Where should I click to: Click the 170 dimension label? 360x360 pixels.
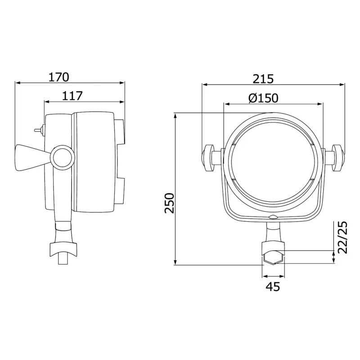coord(59,77)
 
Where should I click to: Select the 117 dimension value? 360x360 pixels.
coord(72,96)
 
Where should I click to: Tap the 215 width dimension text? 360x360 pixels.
coord(263,79)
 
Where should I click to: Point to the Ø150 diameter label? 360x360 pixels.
coord(263,98)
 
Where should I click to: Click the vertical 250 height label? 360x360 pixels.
coord(170,203)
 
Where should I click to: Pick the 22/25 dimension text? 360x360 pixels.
coord(343,237)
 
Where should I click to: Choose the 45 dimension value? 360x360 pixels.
coord(273,287)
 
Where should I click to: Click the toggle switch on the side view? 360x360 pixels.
coord(39,130)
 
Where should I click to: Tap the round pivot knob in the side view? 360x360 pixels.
coord(63,157)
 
